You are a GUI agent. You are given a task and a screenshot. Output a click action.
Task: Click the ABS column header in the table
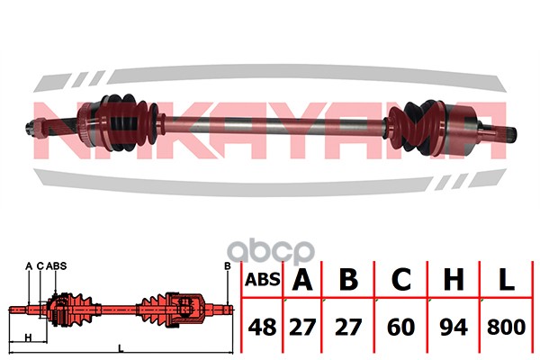(x=263, y=279)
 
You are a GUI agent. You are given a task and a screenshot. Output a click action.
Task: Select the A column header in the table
(x=302, y=279)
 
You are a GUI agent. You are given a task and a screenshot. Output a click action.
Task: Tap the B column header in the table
(x=348, y=279)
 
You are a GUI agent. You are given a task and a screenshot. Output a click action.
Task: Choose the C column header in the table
(x=401, y=279)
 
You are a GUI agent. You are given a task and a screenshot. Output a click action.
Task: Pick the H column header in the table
(x=454, y=279)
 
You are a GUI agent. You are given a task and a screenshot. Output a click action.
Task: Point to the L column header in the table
(x=507, y=279)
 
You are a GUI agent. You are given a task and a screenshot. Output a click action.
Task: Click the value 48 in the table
(x=262, y=327)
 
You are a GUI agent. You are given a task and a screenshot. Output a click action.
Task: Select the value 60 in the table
(x=401, y=327)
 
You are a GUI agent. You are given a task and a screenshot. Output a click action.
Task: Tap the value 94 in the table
(x=454, y=327)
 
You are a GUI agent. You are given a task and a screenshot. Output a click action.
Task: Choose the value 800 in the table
(x=506, y=327)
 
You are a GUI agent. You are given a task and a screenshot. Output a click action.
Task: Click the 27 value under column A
(x=302, y=327)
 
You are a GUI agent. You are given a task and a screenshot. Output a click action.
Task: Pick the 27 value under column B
(x=348, y=327)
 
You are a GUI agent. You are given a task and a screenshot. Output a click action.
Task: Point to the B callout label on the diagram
(x=228, y=266)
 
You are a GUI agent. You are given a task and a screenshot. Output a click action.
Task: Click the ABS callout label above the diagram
(x=56, y=266)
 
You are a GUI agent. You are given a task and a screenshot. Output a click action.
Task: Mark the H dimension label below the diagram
(x=29, y=337)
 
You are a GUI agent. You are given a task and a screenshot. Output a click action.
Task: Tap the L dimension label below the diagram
(x=121, y=348)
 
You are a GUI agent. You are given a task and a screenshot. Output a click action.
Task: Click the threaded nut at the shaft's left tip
(x=38, y=128)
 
